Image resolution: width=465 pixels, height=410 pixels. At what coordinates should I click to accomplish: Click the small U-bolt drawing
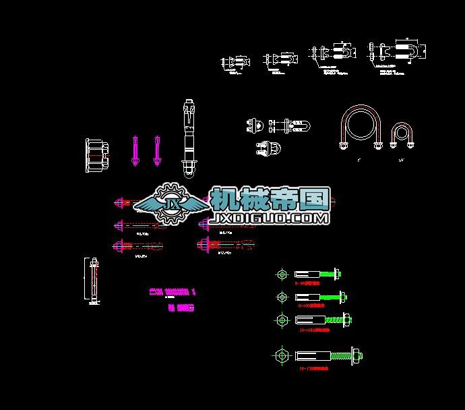(x=402, y=135)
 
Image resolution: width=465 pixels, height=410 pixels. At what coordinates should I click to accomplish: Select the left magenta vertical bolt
(x=135, y=151)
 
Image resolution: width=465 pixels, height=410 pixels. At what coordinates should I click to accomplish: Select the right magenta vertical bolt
(x=157, y=151)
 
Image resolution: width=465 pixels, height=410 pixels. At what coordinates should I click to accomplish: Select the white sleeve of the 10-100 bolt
(x=310, y=320)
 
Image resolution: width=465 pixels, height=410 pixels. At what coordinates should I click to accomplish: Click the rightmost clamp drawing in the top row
(x=398, y=53)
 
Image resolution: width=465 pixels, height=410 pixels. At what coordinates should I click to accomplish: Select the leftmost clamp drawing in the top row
(x=233, y=62)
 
